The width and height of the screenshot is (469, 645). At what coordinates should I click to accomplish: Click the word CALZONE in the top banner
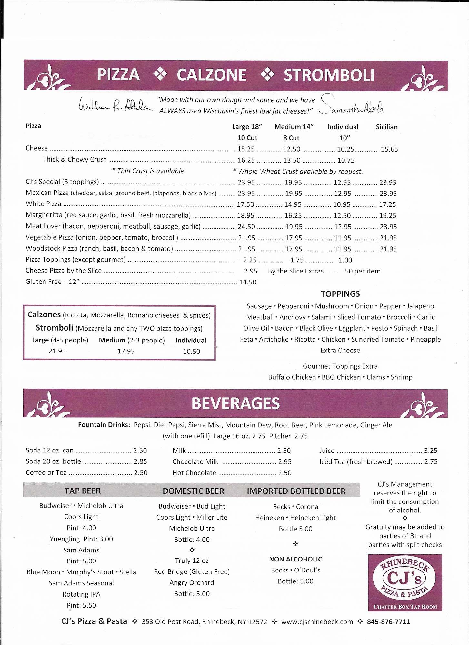click(211, 75)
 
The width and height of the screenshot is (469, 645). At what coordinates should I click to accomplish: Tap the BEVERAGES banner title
click(235, 403)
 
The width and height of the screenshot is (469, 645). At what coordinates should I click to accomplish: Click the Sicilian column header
click(386, 127)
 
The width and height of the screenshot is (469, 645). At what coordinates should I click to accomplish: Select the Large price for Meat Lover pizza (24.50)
click(246, 227)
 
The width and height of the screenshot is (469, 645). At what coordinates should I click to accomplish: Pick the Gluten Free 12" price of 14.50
click(248, 282)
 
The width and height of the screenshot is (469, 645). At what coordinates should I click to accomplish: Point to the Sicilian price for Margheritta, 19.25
click(388, 216)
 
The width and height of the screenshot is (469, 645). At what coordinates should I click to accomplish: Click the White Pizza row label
click(44, 204)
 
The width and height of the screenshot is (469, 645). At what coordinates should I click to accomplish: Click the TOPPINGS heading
click(340, 294)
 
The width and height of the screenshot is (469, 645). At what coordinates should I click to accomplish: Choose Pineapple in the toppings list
click(425, 339)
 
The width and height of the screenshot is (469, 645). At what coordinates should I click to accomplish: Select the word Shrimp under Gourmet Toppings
click(402, 377)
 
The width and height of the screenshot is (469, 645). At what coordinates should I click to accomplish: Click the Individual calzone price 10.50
click(192, 352)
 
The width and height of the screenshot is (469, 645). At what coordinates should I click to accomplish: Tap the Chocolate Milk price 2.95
click(285, 462)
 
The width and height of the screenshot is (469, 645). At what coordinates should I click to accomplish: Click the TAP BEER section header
click(83, 491)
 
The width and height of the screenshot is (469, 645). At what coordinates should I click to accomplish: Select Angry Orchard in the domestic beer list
click(192, 583)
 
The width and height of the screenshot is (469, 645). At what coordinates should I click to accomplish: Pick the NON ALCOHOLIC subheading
click(295, 559)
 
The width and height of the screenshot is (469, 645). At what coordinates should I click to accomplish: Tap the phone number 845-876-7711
click(388, 622)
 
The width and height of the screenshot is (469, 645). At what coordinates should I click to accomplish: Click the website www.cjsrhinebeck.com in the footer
click(317, 622)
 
